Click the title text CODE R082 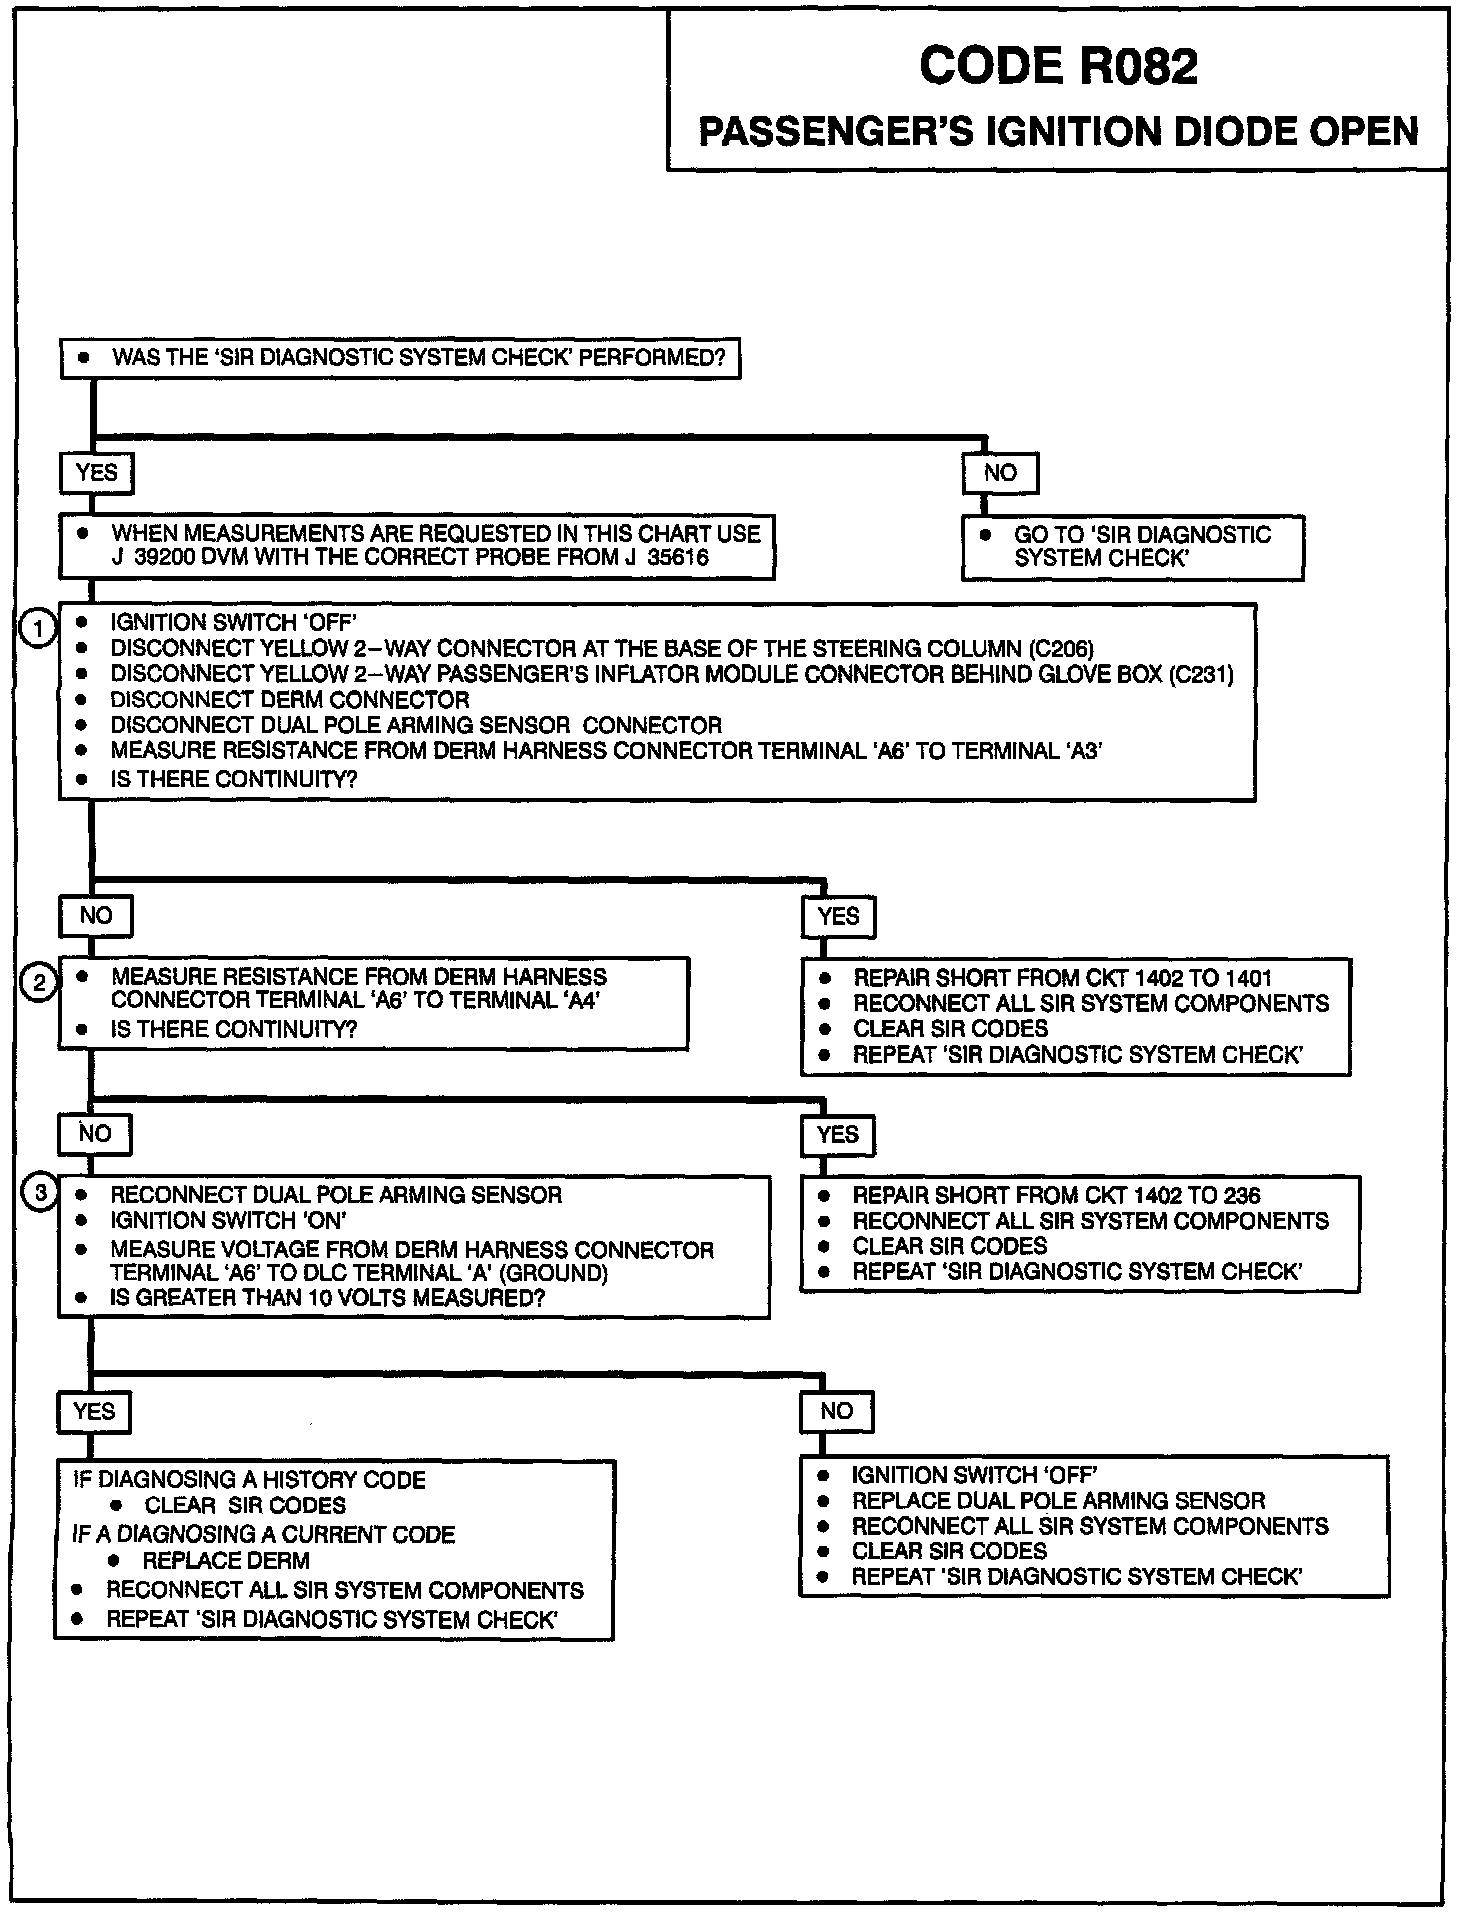(1058, 67)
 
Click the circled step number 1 (38, 630)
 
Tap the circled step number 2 (38, 984)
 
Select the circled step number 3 (39, 1193)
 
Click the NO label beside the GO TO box (1000, 473)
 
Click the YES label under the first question (96, 473)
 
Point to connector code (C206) (1061, 648)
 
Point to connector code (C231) (1201, 674)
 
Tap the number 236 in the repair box (1240, 1195)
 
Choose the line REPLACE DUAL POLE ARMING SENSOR (1058, 1500)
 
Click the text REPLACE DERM (226, 1560)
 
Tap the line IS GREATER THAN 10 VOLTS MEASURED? (327, 1298)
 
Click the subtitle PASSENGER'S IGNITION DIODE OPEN (1058, 132)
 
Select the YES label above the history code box (94, 1411)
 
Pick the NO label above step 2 (96, 915)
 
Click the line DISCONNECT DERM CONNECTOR (289, 700)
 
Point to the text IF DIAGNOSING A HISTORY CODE (249, 1479)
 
